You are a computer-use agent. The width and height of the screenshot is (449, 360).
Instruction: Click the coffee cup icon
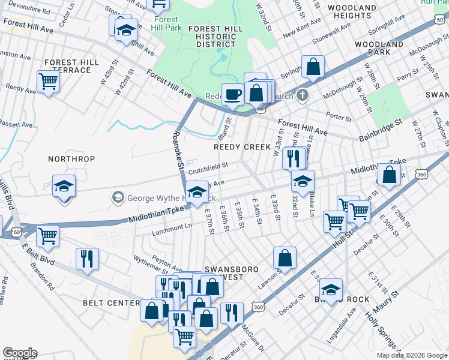click(x=232, y=94)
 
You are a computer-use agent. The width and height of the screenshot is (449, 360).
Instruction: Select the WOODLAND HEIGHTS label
click(x=350, y=11)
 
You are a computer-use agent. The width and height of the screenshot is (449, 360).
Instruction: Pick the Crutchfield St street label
click(x=208, y=170)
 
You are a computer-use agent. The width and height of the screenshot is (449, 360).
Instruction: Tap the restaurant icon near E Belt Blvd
click(x=88, y=259)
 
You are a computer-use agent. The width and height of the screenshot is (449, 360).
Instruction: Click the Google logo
click(x=20, y=353)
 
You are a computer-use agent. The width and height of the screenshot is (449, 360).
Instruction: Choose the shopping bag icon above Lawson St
click(x=285, y=259)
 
